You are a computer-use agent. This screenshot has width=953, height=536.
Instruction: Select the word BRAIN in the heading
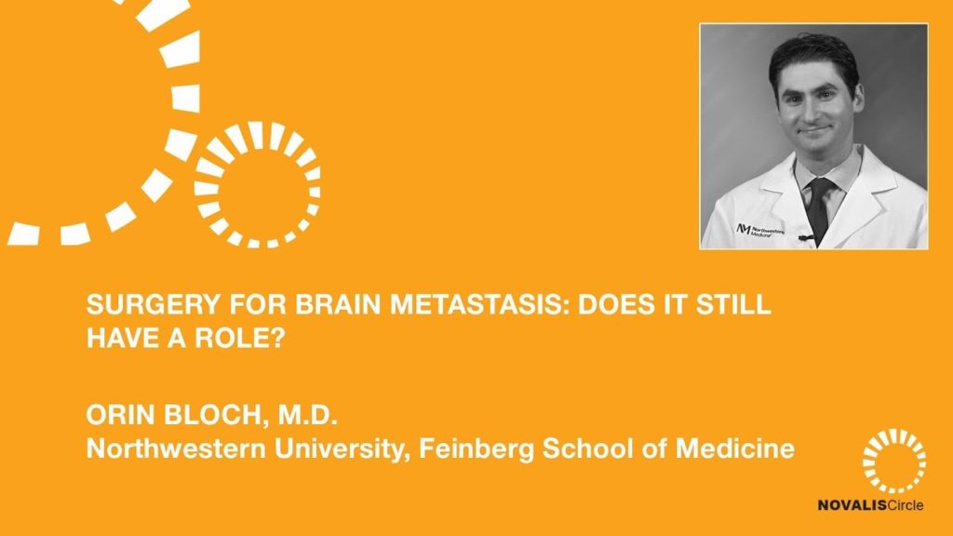339,304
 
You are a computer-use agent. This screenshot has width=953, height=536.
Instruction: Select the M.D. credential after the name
307,415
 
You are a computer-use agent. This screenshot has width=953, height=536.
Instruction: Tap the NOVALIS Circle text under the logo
870,505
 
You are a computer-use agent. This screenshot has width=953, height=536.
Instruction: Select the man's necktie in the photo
820,207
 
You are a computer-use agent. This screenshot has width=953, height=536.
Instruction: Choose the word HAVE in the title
118,338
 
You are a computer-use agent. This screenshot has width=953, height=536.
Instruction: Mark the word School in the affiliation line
585,449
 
